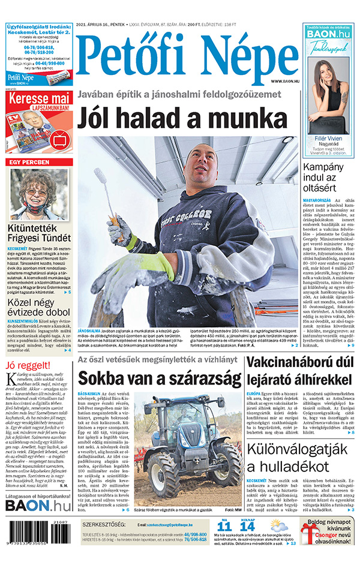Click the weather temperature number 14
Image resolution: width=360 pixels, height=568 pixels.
pos(247,526)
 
